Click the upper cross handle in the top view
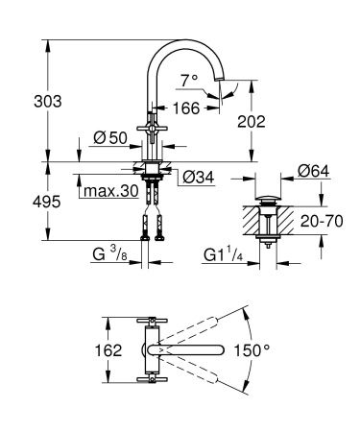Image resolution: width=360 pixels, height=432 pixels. tap(150, 320)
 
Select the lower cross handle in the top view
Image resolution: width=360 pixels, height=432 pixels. tap(150, 381)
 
